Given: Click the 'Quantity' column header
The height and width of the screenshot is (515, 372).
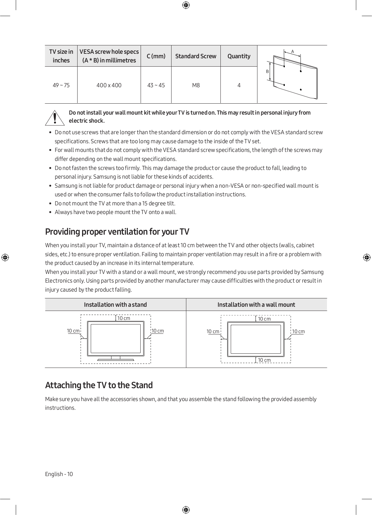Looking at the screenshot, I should [x=239, y=56].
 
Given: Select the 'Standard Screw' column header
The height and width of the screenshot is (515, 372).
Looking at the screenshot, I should [x=196, y=56].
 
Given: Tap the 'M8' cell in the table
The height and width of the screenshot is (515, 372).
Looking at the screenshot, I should [x=196, y=85].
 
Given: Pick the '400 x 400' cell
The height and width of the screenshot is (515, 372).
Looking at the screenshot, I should [x=109, y=85].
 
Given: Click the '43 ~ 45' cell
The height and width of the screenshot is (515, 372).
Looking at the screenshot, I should [x=156, y=85].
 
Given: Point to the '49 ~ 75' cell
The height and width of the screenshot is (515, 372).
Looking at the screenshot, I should [x=61, y=85].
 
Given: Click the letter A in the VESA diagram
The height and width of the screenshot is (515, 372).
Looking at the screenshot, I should [x=293, y=51].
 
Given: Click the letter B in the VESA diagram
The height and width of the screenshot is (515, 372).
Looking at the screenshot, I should [x=267, y=71].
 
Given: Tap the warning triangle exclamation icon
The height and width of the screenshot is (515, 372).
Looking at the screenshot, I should [x=55, y=118].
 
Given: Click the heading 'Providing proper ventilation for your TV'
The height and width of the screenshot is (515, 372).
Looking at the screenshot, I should [x=117, y=232].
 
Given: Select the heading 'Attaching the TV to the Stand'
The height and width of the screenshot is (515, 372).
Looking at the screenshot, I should [x=99, y=385].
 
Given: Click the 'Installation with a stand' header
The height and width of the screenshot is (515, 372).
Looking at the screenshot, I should [x=115, y=304].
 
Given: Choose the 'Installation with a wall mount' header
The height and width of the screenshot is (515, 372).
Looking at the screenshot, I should [x=256, y=304].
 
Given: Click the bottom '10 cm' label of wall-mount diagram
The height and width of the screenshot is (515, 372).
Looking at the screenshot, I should [x=264, y=360].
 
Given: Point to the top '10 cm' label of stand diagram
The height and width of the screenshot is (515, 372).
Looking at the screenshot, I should [x=124, y=318].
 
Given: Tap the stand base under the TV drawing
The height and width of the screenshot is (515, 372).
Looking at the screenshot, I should [x=116, y=359].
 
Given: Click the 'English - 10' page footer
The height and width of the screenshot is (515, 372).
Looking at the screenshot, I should [x=59, y=474].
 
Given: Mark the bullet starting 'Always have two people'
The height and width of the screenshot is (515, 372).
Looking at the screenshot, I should [x=116, y=212].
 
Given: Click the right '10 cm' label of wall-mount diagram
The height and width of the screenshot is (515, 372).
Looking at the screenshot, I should [x=298, y=332].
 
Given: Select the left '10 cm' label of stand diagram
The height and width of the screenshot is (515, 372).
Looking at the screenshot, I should [x=73, y=331].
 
